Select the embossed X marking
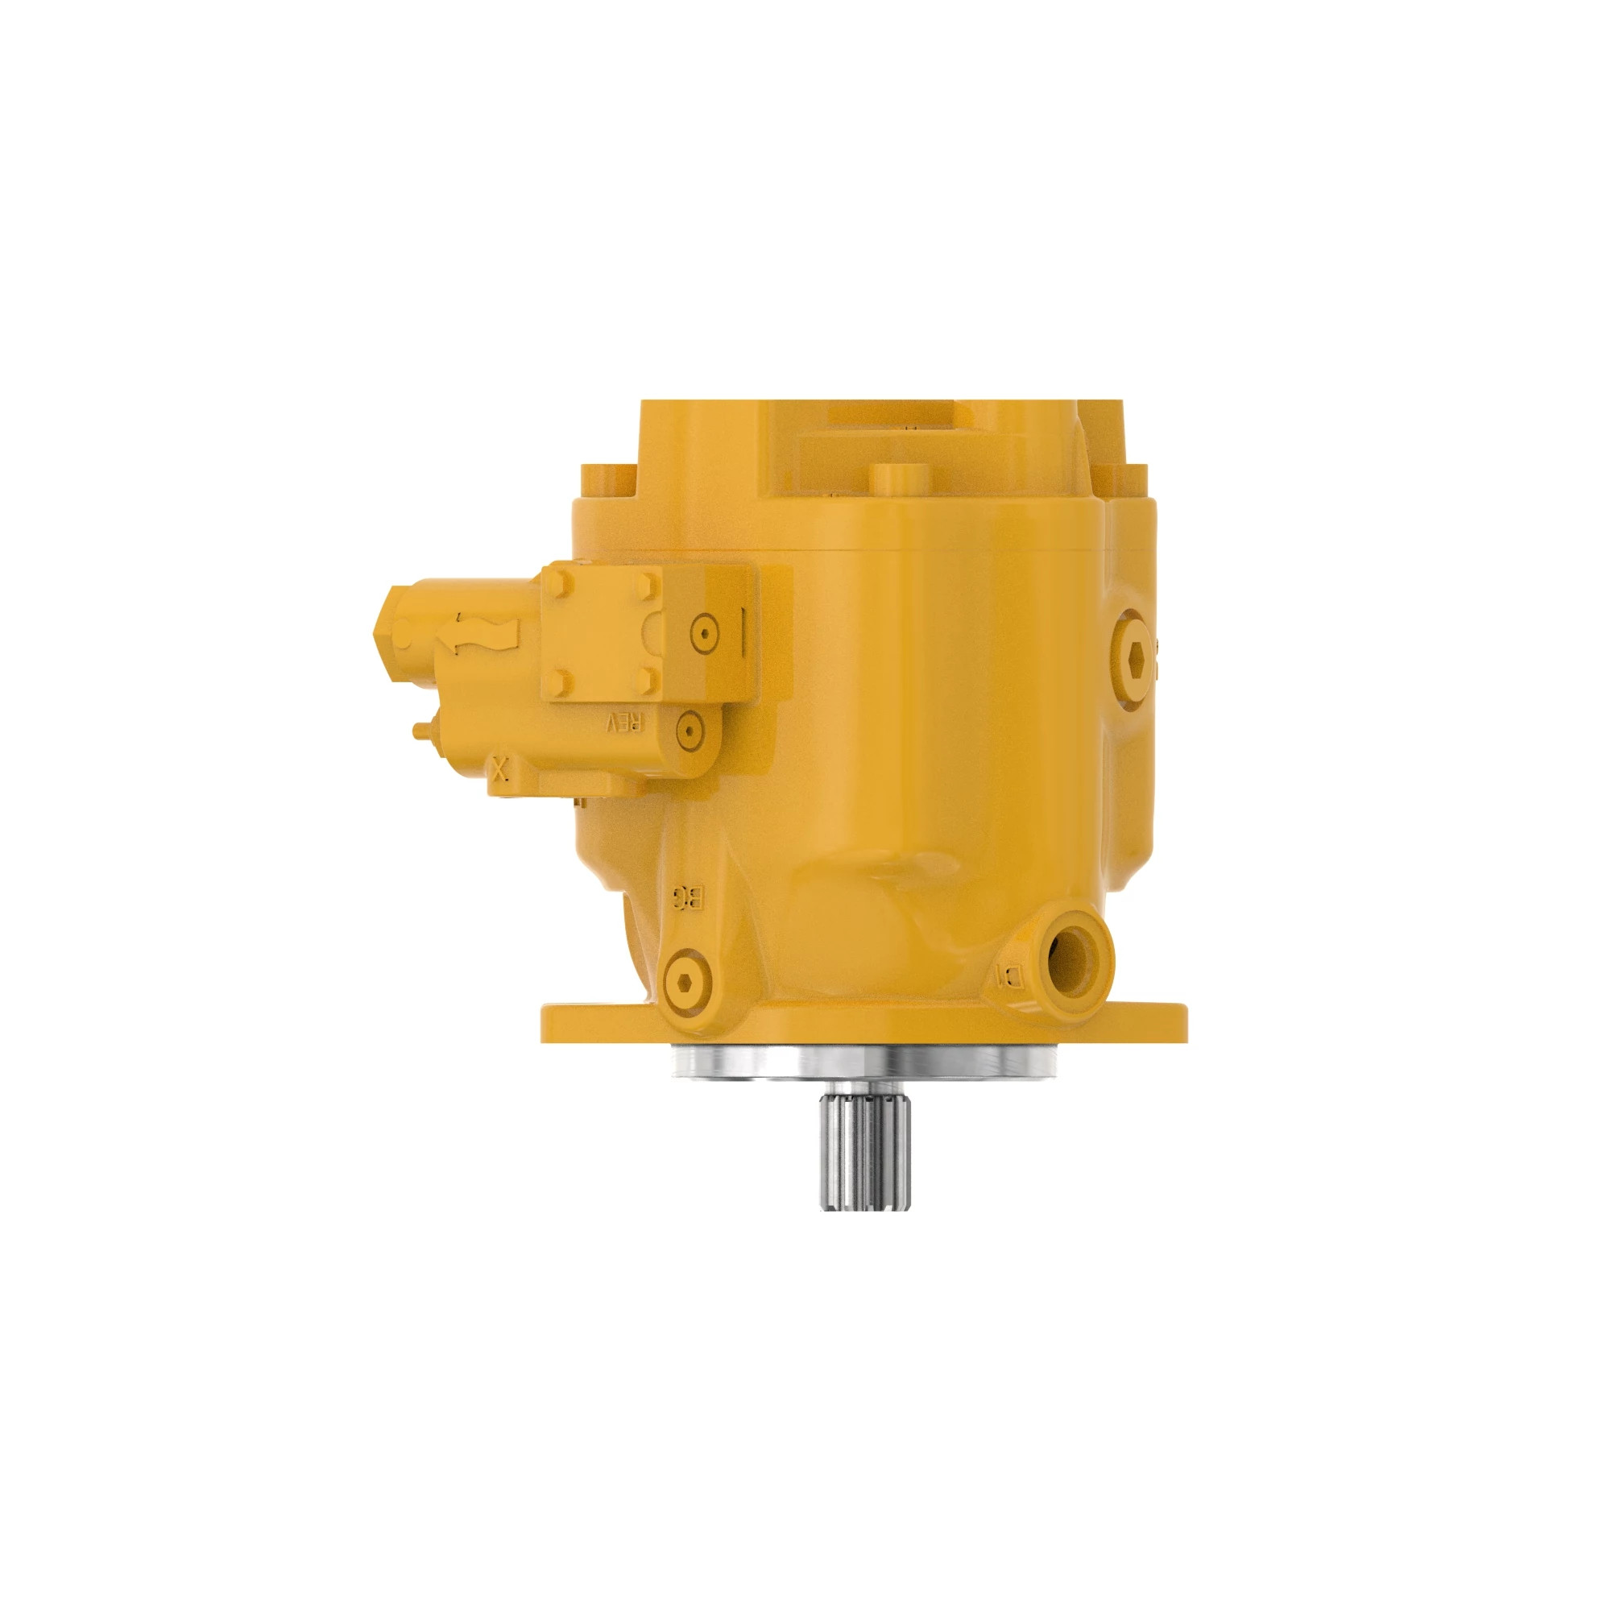(x=499, y=768)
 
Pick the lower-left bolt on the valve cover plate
(x=562, y=682)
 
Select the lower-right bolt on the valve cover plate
(x=647, y=682)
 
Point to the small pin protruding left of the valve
(x=423, y=731)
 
